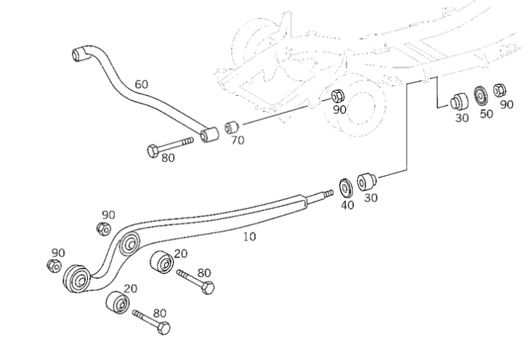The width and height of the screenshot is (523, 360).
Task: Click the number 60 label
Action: pyautogui.click(x=141, y=84)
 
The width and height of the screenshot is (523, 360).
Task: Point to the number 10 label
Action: pyautogui.click(x=248, y=236)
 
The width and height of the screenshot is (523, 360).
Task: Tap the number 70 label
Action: pyautogui.click(x=238, y=140)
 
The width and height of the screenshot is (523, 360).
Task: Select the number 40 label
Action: pyautogui.click(x=347, y=205)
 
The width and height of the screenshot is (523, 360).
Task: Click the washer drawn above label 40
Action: pyautogui.click(x=346, y=186)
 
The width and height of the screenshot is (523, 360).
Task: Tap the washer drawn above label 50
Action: pyautogui.click(x=480, y=95)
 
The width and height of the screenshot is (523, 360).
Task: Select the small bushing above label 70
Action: pyautogui.click(x=232, y=128)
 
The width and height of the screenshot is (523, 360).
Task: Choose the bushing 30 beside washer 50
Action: pyautogui.click(x=458, y=99)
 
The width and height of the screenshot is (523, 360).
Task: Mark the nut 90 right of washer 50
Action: pyautogui.click(x=499, y=91)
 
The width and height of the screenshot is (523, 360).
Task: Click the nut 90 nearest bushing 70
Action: pyautogui.click(x=337, y=96)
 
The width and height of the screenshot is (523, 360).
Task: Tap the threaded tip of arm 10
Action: pyautogui.click(x=326, y=195)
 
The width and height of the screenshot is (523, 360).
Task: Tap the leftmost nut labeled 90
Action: pyautogui.click(x=53, y=266)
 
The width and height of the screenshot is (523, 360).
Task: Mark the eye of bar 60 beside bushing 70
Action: pyautogui.click(x=211, y=134)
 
